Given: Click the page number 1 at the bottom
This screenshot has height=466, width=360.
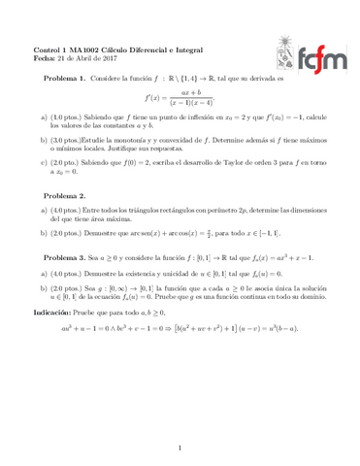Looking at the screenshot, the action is click(x=180, y=448).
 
